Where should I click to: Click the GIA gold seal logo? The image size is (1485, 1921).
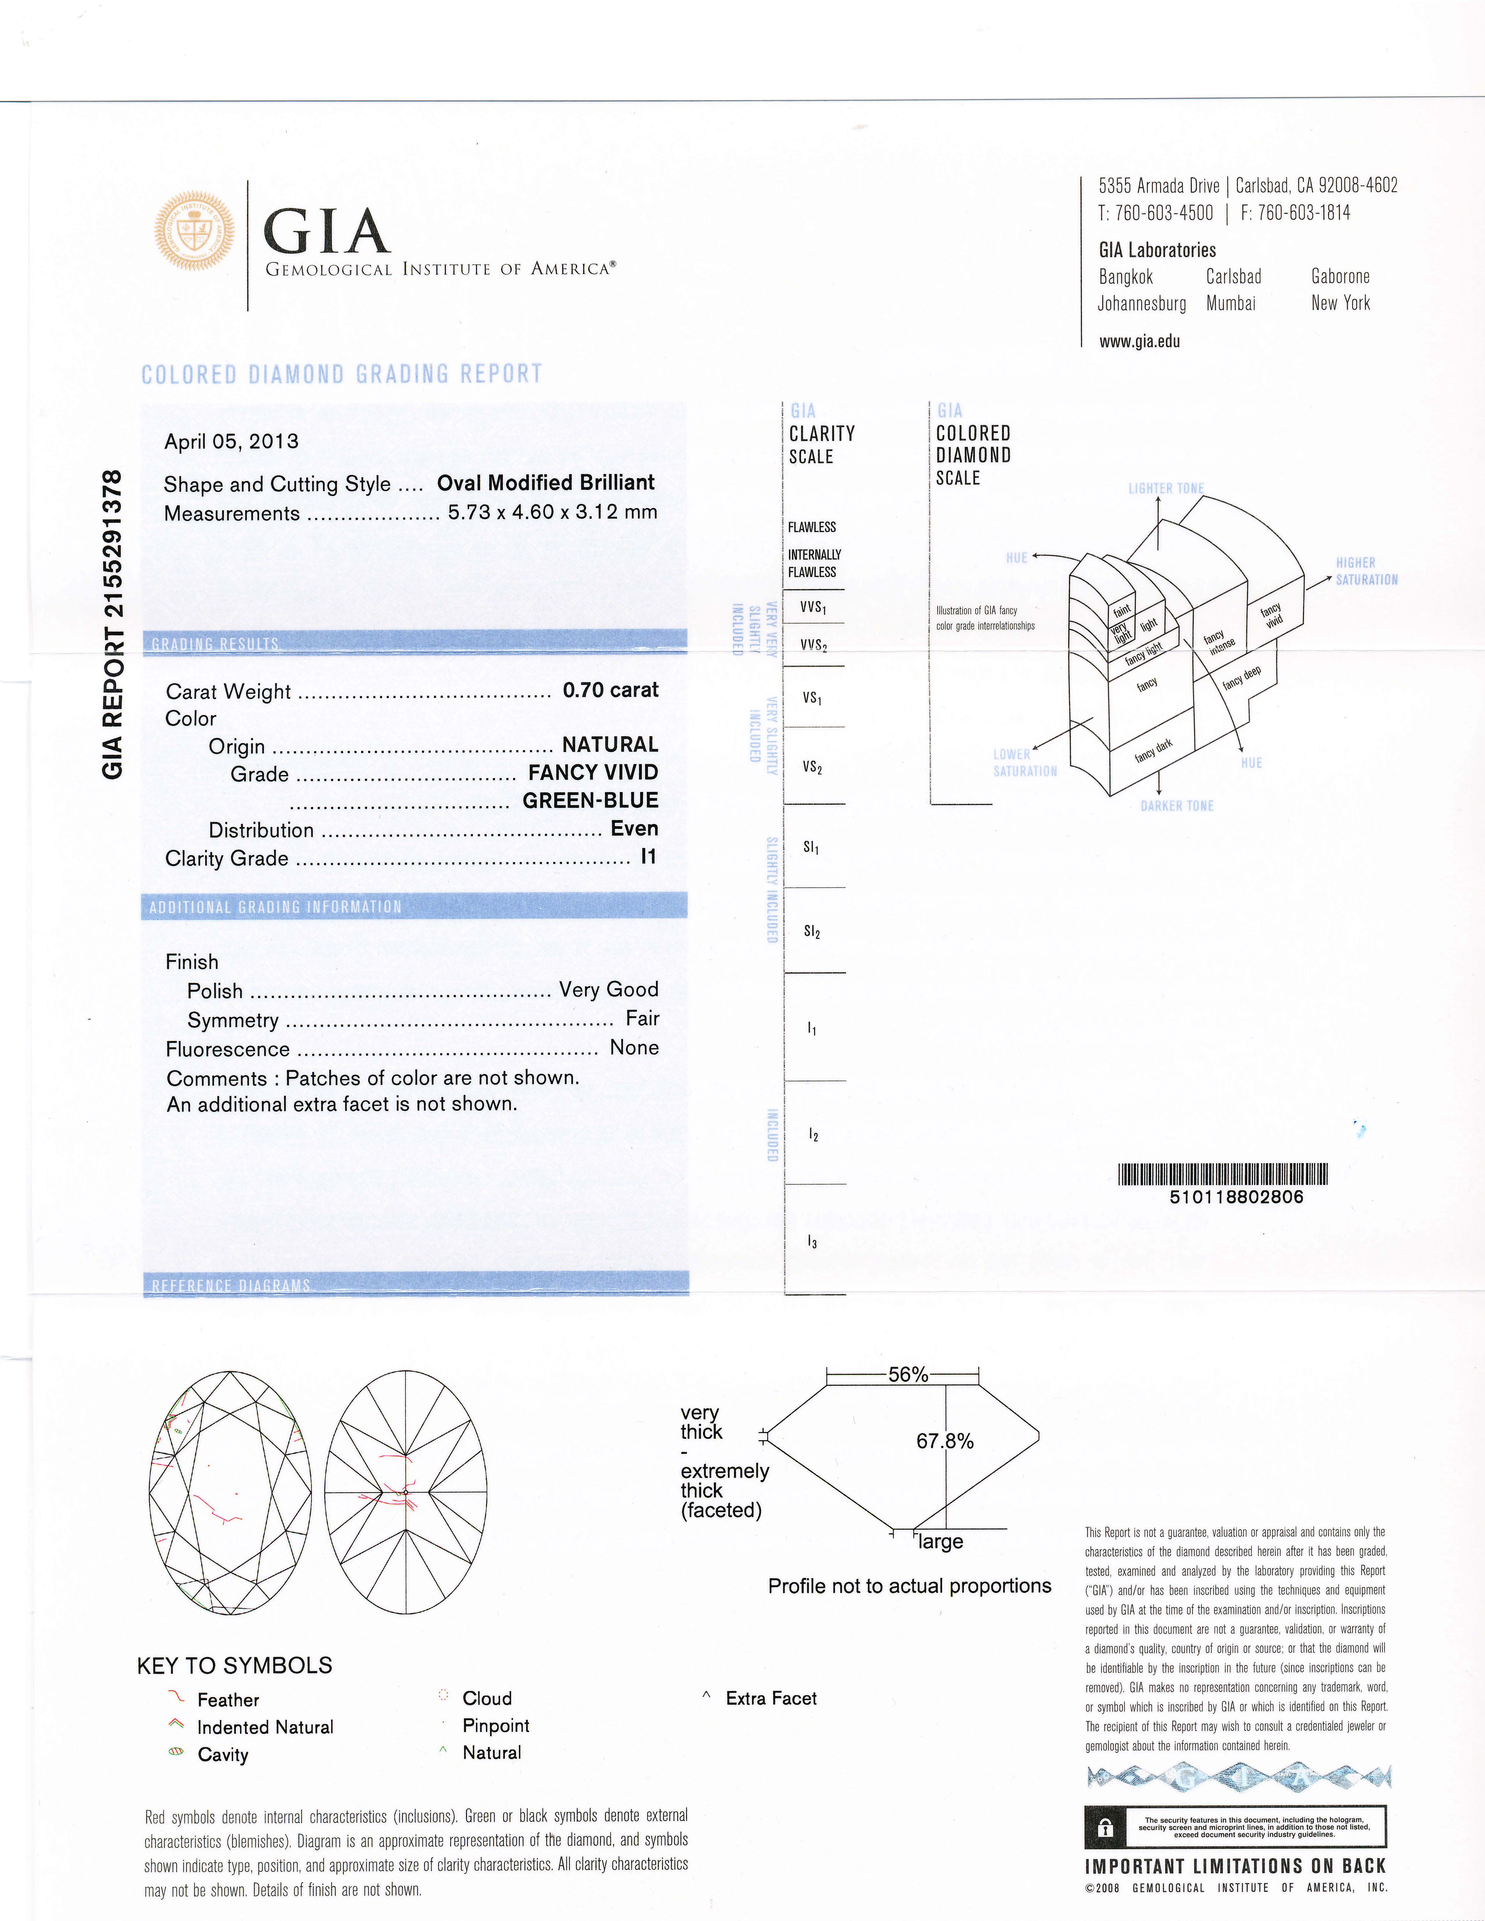coord(195,231)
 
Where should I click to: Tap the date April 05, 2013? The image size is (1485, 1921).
coord(231,442)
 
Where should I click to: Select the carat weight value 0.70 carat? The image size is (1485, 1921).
coord(610,690)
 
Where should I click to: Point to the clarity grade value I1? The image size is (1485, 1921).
coord(648,857)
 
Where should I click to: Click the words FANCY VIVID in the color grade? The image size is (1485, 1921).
coord(593,772)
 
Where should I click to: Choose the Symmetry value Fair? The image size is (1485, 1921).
coord(642,1018)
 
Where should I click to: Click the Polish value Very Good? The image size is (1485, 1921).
coord(608,990)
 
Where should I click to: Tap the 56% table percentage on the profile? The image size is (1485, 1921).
coord(908,1374)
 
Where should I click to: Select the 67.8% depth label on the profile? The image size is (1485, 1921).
coord(945,1441)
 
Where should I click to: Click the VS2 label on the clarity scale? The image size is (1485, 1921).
coord(812,767)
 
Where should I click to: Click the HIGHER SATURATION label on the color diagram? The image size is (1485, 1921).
coord(1366,571)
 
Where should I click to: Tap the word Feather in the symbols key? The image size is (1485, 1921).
coord(228,1699)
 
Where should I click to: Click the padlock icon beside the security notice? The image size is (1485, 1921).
coord(1106,1827)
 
